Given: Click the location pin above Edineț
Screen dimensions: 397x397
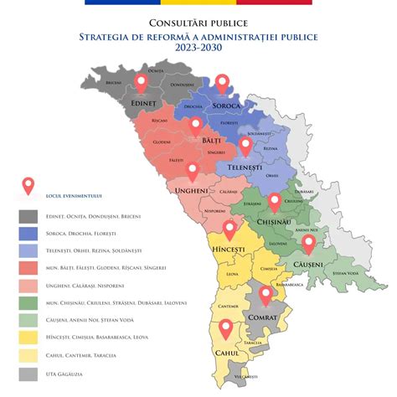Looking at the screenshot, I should point(141,83).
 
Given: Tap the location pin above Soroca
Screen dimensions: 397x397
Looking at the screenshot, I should point(222,83).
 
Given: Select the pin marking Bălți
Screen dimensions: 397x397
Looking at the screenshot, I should point(195,126).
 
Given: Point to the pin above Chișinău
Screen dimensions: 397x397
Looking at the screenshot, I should point(275,202).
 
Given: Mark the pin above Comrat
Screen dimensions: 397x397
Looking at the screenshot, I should point(266,295).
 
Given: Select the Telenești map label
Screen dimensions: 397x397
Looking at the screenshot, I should point(245,168).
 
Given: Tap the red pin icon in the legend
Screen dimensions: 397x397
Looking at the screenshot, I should point(28,186).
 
